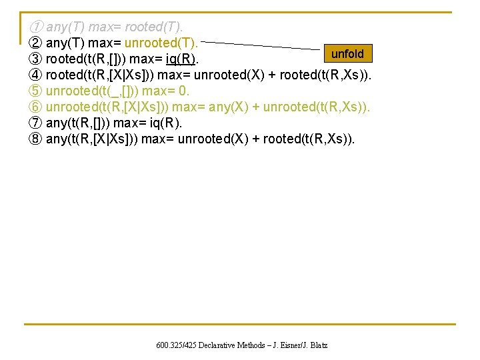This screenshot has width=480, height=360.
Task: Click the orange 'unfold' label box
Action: [347, 53]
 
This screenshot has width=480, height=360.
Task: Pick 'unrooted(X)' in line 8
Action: [212, 139]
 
